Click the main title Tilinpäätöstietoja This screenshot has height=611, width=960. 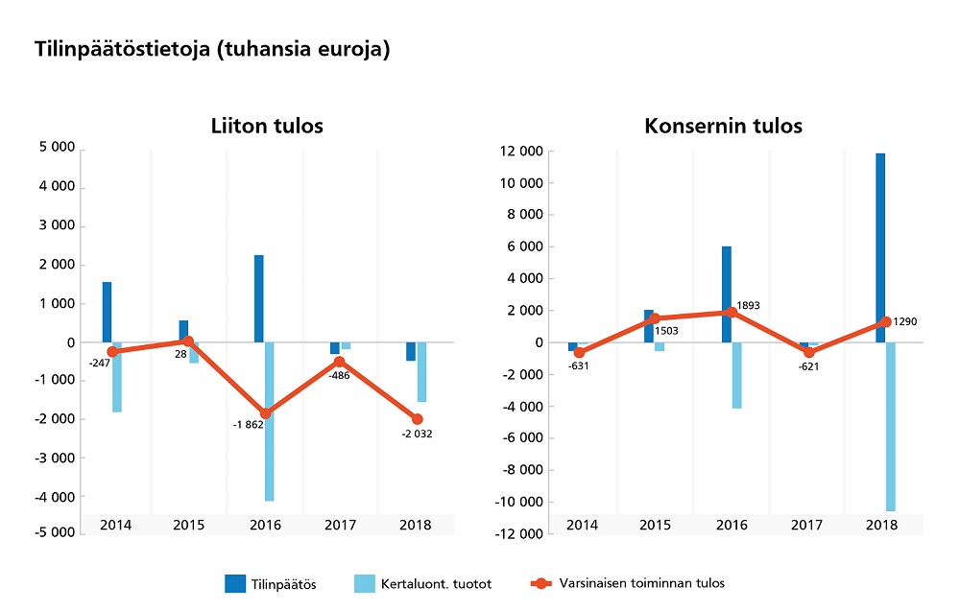point(211,50)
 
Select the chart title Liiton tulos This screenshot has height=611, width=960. point(267,126)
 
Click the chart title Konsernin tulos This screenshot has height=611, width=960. point(723,126)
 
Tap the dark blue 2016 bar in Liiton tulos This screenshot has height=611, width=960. point(259,298)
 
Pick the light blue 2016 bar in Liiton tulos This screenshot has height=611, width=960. point(270,421)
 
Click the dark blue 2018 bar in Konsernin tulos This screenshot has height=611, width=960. point(880,247)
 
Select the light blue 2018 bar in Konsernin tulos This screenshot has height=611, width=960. point(890,427)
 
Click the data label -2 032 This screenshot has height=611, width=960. point(417,434)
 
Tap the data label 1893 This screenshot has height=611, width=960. point(751,304)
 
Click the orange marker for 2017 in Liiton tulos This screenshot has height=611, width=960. point(340,362)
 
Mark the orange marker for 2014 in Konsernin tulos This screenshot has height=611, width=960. point(579,353)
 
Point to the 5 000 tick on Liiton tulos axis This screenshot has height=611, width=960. point(58,149)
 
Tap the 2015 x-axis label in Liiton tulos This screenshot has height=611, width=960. point(190,526)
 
